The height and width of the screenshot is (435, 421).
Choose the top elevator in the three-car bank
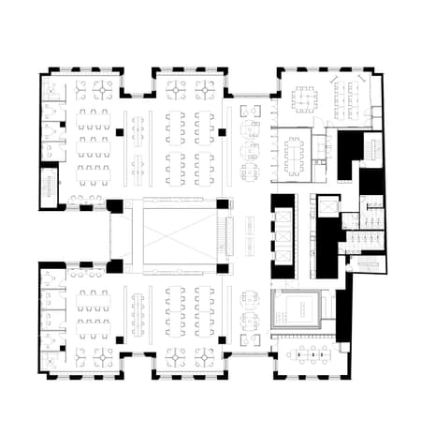point(282,211)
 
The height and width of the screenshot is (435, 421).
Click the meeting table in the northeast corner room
point(304,97)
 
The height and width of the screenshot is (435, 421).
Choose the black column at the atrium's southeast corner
point(224,267)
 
